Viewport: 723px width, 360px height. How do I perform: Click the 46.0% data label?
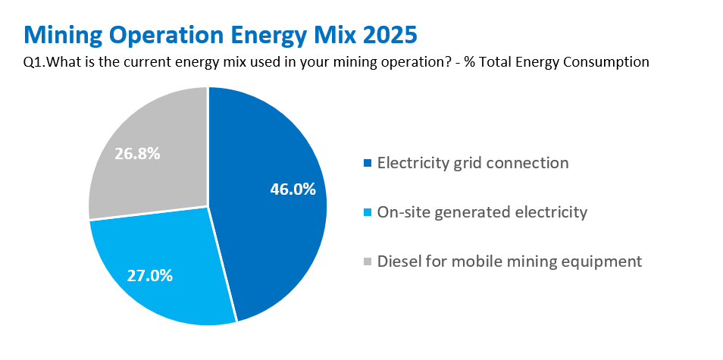pos(293,189)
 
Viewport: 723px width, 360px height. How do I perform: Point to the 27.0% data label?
pos(150,275)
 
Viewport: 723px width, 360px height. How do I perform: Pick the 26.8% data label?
pos(137,153)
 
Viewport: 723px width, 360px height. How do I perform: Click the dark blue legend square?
pos(368,163)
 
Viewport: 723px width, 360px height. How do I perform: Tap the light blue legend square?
pos(368,213)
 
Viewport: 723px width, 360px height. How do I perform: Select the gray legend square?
pos(368,261)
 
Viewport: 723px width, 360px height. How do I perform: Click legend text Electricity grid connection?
pos(472,163)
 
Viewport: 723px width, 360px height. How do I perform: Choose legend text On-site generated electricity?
pos(482,212)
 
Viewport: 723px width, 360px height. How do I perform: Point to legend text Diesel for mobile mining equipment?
pos(509,261)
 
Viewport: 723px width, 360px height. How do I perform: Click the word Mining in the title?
pos(64,35)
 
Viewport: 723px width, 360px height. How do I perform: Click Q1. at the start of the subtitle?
pos(33,62)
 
